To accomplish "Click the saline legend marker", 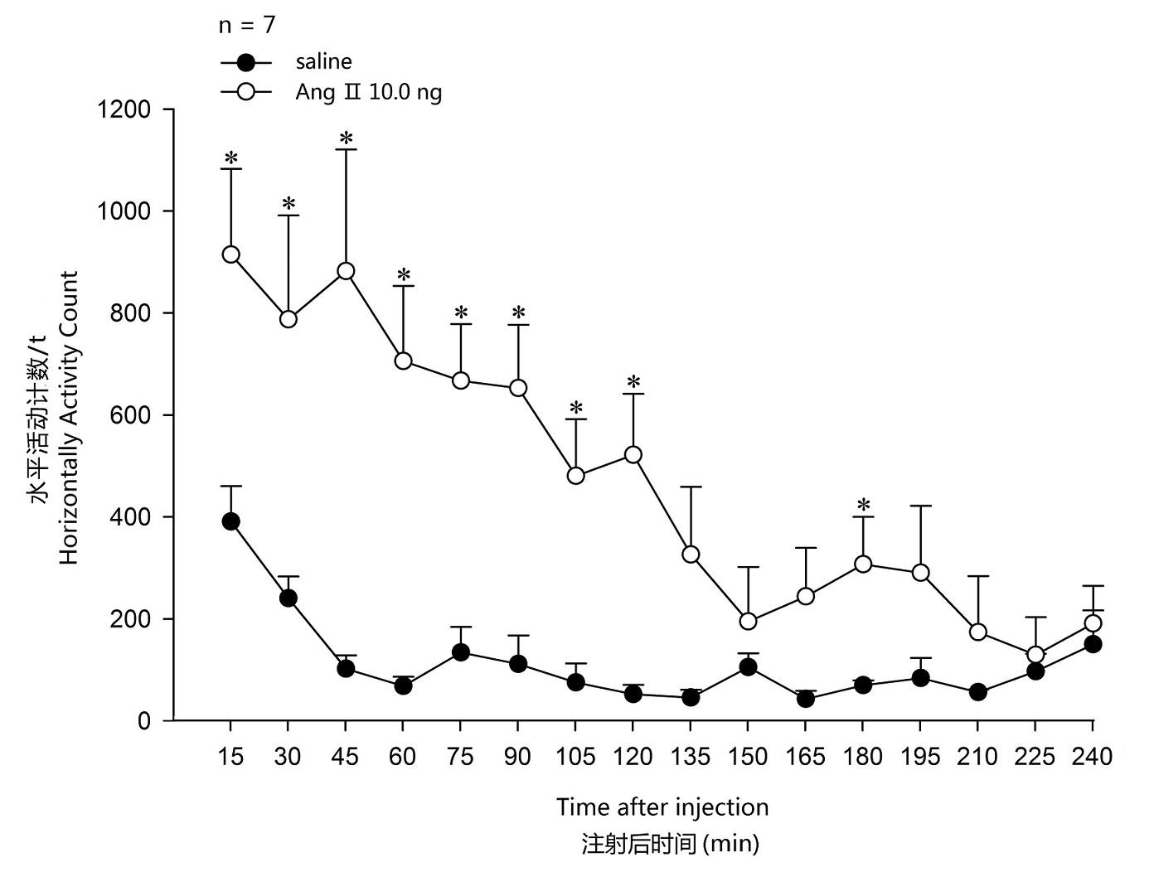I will (245, 62).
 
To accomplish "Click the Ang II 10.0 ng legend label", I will (368, 92).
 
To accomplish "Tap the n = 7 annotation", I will (246, 26).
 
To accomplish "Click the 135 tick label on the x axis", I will (691, 757).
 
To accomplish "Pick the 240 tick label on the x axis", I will (1093, 757).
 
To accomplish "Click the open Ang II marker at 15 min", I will (231, 254).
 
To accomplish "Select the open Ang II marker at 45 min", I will (347, 271).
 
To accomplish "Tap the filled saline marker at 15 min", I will (231, 521).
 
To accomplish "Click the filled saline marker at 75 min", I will (461, 652).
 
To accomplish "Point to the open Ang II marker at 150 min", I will (749, 621).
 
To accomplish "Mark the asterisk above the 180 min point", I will (863, 504).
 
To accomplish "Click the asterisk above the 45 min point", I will (347, 138).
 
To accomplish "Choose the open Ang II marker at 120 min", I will (633, 455).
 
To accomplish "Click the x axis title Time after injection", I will (662, 807).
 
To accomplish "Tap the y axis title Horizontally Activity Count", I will (69, 418).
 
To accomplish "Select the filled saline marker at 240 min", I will (1093, 644).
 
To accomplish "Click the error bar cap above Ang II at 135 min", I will (691, 487).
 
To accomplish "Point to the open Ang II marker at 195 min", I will (920, 573).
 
